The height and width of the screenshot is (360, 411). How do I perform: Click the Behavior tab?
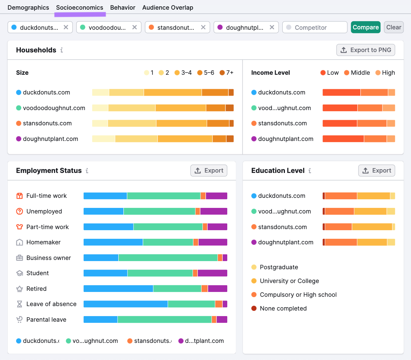coord(122,7)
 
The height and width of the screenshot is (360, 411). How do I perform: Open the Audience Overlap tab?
coord(167,7)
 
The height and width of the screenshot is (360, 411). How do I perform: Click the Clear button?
coord(394,27)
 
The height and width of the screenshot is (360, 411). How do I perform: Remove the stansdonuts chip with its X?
coord(203,27)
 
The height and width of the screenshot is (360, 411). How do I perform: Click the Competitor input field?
coord(315,28)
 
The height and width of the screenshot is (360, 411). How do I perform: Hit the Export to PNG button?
coord(366,50)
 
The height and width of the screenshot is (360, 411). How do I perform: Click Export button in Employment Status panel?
coord(209,170)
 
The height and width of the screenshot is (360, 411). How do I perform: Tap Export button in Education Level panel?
coord(376,170)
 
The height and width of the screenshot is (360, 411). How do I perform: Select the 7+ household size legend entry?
coord(227,73)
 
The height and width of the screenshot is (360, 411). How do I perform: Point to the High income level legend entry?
coord(385,73)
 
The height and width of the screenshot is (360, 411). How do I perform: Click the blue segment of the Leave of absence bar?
coord(125,304)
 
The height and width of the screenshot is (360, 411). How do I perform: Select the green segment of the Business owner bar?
coord(168,258)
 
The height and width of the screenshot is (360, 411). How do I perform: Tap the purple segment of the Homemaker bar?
coord(212,242)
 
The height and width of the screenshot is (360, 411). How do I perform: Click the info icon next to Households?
coord(62,50)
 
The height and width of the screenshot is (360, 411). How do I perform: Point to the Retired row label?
coord(36,289)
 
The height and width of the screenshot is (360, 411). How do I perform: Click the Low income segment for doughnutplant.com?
coord(343,139)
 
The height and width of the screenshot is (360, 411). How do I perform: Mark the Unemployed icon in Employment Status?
coord(20,211)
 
